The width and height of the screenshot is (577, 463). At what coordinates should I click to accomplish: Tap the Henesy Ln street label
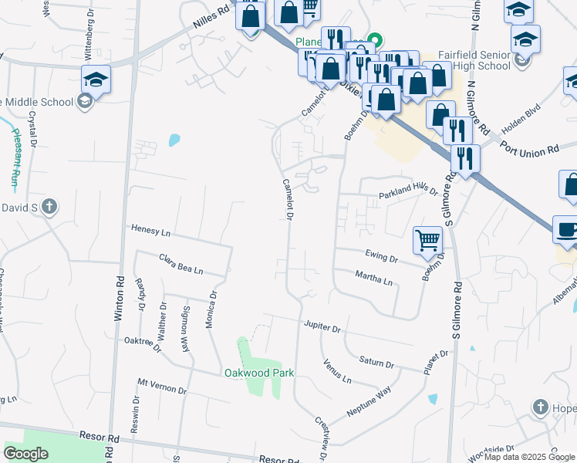(150, 230)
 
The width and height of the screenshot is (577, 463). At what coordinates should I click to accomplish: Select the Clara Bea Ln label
(181, 264)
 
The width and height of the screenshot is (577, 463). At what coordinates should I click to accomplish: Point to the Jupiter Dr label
(322, 326)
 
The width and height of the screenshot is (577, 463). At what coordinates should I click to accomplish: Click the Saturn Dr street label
(376, 362)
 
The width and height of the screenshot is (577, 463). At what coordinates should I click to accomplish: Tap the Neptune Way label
(369, 404)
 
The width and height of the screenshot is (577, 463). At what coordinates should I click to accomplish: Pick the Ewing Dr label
(381, 257)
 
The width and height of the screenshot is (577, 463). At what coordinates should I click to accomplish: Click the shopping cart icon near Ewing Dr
(427, 240)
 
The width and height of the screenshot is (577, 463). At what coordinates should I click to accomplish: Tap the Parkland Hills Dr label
(407, 193)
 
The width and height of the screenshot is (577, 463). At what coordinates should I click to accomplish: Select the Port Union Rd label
(528, 147)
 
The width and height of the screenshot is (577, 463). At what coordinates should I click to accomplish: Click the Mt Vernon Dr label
(162, 386)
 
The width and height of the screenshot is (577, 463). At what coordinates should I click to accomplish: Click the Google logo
(26, 454)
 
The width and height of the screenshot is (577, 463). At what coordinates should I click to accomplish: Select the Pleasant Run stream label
(15, 158)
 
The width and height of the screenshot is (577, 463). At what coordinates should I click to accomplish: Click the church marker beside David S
(49, 206)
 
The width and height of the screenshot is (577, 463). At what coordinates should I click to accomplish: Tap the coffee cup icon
(567, 229)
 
